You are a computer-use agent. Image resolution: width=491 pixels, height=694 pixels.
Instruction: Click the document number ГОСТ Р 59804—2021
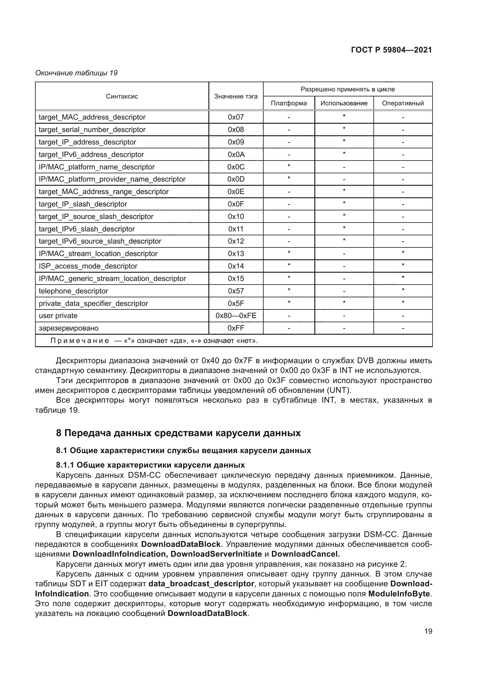click(391, 50)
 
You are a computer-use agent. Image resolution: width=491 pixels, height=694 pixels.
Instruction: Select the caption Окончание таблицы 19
click(76, 73)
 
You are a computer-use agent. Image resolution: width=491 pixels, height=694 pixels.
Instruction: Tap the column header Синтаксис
click(122, 96)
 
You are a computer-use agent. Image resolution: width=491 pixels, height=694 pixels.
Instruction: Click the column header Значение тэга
click(236, 96)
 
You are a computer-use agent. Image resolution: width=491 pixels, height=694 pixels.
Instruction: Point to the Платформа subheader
click(289, 103)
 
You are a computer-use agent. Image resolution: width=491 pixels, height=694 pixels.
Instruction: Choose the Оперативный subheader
click(403, 103)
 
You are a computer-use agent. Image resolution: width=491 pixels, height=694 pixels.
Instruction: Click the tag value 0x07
click(236, 117)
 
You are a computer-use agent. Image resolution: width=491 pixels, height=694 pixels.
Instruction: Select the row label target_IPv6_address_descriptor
click(91, 155)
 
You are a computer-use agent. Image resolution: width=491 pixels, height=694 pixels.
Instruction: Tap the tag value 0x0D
click(236, 179)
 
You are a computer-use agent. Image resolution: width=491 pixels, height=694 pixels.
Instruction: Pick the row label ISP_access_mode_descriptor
click(88, 266)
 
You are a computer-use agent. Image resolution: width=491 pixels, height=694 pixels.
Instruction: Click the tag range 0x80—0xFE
click(236, 316)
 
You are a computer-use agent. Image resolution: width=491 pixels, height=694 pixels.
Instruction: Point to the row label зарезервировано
click(68, 328)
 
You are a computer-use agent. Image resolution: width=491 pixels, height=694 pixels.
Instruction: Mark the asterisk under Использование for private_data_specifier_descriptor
click(344, 303)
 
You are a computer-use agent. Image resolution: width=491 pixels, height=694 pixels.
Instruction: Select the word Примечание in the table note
click(80, 341)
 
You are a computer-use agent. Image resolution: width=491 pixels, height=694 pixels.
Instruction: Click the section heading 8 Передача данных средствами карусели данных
click(178, 433)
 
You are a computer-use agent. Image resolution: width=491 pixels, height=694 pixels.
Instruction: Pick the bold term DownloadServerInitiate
click(216, 554)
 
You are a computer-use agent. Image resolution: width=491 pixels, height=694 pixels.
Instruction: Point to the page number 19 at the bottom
click(428, 631)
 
